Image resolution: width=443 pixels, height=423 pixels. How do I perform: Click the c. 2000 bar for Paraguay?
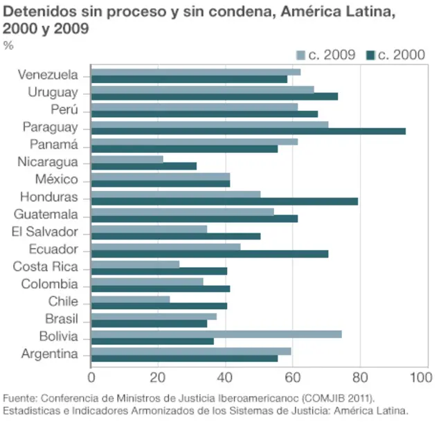click(x=248, y=131)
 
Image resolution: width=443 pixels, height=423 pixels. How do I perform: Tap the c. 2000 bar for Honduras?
click(x=224, y=201)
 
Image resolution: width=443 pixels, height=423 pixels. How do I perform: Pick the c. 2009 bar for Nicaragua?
click(x=127, y=159)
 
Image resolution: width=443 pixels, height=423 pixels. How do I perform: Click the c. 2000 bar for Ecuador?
click(x=210, y=253)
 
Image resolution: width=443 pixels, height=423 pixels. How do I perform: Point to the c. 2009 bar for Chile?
click(x=130, y=299)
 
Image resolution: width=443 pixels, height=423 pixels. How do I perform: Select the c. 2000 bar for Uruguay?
click(x=215, y=96)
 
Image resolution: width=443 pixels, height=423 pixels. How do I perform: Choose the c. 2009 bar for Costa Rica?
click(x=135, y=264)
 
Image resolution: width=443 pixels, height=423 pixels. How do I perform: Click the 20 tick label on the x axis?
click(x=158, y=377)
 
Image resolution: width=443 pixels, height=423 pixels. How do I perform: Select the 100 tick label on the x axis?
click(x=419, y=377)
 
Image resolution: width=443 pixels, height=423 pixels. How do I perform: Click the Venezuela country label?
click(x=48, y=75)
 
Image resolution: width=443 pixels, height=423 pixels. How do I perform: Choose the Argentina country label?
click(x=49, y=354)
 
